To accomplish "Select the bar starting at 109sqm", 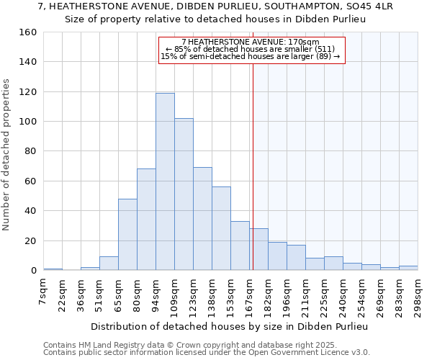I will (184, 194).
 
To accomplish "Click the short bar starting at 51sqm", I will (109, 264).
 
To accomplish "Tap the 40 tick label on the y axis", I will (30, 211).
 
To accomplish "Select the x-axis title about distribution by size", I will (230, 326).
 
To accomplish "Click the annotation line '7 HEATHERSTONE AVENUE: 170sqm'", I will (251, 42).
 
